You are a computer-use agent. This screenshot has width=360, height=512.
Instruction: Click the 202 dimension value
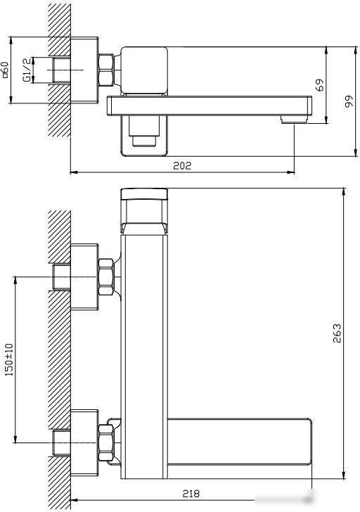pos(182,166)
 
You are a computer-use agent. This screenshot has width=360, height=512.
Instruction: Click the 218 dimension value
pos(191,494)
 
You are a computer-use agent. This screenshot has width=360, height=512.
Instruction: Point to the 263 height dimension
pos(337,333)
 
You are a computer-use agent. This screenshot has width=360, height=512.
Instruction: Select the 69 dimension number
pos(321,85)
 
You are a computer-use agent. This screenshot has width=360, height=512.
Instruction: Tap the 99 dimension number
pos(349,101)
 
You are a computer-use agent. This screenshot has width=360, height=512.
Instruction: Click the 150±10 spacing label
pos(9,359)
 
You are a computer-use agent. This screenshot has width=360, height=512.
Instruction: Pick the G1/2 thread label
pos(27,70)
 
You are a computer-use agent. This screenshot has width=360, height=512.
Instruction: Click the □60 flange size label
pos(5,70)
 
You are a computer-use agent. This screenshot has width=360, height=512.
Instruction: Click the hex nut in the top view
pos(106,70)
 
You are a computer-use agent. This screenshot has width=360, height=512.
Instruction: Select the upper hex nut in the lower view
pos(106,277)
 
